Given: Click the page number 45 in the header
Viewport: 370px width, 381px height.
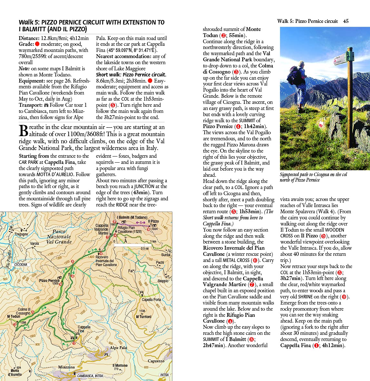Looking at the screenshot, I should (x=346, y=21).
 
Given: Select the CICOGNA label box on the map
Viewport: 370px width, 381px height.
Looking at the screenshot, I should (x=21, y=265).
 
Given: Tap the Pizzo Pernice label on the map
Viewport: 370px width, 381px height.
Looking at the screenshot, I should (x=49, y=280).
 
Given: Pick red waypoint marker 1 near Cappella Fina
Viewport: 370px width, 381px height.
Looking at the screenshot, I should (x=74, y=343).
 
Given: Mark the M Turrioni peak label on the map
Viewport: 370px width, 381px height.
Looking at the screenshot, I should (x=143, y=316).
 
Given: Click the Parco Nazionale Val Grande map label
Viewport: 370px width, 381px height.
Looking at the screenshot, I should (x=59, y=237).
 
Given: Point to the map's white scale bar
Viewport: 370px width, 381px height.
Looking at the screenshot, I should (x=132, y=245).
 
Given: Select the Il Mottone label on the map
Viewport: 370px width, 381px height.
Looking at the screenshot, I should (x=120, y=366).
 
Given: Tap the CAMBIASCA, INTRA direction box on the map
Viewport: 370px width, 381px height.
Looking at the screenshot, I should (x=90, y=376).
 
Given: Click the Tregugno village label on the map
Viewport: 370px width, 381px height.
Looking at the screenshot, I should (x=21, y=234).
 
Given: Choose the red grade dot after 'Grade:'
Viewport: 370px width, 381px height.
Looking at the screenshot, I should (x=37, y=44).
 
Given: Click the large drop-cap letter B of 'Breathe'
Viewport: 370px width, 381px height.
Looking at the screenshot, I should (x=24, y=131).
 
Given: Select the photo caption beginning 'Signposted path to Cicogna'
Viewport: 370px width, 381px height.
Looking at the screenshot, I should (x=313, y=177).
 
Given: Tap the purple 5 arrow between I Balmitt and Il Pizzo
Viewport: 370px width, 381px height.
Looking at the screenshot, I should (x=141, y=222).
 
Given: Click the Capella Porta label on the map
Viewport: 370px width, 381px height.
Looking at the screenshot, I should (x=151, y=299).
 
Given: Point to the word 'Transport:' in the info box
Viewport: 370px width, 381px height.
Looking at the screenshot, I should (x=31, y=105).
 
